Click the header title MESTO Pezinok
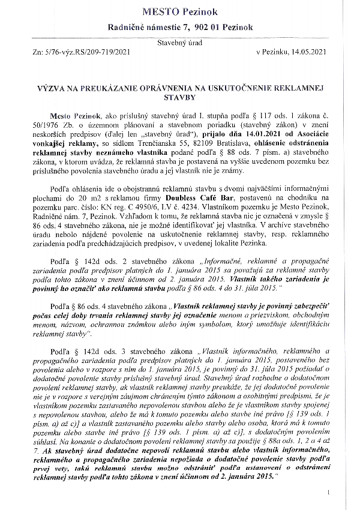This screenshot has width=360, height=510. pyautogui.click(x=180, y=11)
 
